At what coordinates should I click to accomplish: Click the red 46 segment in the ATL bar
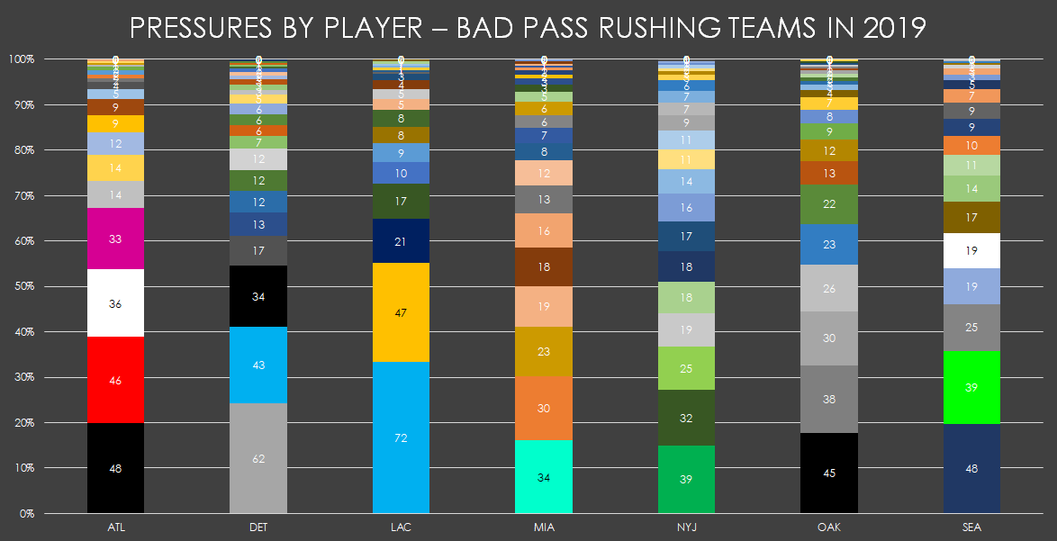tap(115, 380)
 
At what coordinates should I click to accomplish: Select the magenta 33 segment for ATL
tap(115, 239)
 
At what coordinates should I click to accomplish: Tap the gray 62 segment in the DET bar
tap(258, 458)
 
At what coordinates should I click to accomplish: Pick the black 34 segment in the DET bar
tap(258, 296)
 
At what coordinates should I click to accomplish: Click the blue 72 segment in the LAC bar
tap(401, 437)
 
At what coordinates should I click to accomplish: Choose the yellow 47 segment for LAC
tap(401, 313)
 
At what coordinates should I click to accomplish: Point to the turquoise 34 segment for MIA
tap(544, 477)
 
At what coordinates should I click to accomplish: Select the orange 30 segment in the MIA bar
tap(544, 408)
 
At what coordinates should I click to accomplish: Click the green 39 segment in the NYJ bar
tap(686, 479)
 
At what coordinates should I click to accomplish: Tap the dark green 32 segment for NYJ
tap(686, 418)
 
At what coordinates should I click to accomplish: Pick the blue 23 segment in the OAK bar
tap(829, 244)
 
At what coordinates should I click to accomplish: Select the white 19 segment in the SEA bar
tap(971, 251)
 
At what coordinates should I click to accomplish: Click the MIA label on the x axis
tap(544, 527)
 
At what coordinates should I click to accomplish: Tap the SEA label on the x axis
tap(971, 527)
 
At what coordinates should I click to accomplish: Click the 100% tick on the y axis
tap(21, 59)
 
